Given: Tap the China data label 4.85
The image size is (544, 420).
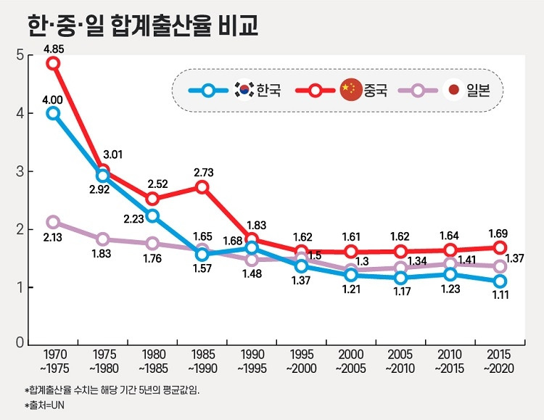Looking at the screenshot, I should (53, 49).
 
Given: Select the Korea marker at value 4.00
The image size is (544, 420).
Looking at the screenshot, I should (53, 113).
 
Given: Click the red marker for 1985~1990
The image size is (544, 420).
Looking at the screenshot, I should (202, 187).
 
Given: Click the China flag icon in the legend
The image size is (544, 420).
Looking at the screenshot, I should (351, 90).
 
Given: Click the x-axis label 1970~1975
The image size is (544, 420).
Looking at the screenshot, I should (56, 362).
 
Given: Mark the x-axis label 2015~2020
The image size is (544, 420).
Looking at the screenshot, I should (500, 362).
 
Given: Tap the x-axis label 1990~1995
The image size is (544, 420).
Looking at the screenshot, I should (253, 362).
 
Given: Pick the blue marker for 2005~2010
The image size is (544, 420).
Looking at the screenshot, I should (401, 278).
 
